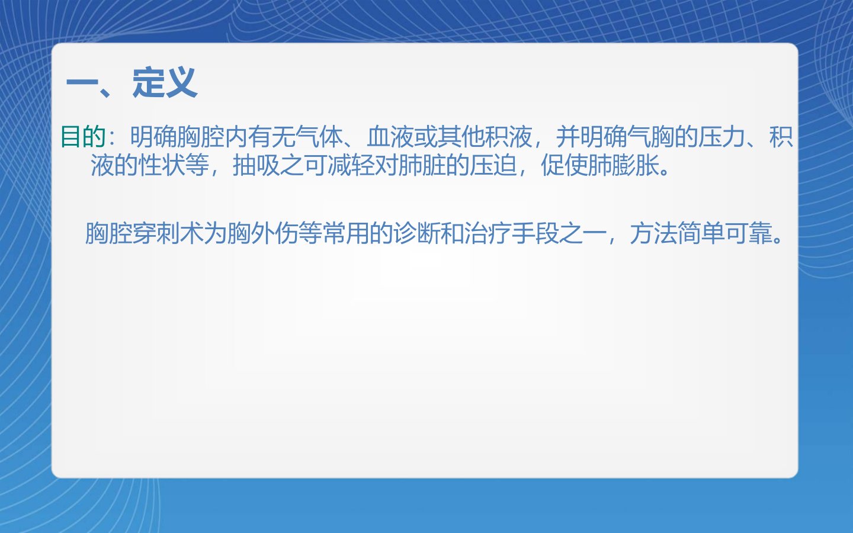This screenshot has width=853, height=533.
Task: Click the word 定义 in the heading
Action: pos(165,83)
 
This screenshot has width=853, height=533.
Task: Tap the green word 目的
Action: pos(84,136)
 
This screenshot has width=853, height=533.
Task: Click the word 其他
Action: pos(461,136)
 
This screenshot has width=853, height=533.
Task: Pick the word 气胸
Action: pos(651,136)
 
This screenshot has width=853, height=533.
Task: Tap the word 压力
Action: pos(721,136)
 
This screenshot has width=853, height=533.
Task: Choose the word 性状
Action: pos(162,165)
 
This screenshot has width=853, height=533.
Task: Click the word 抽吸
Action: pos(256,165)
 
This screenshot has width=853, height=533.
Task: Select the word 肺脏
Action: pos(422,165)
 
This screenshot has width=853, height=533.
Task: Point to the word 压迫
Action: pos(493,165)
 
